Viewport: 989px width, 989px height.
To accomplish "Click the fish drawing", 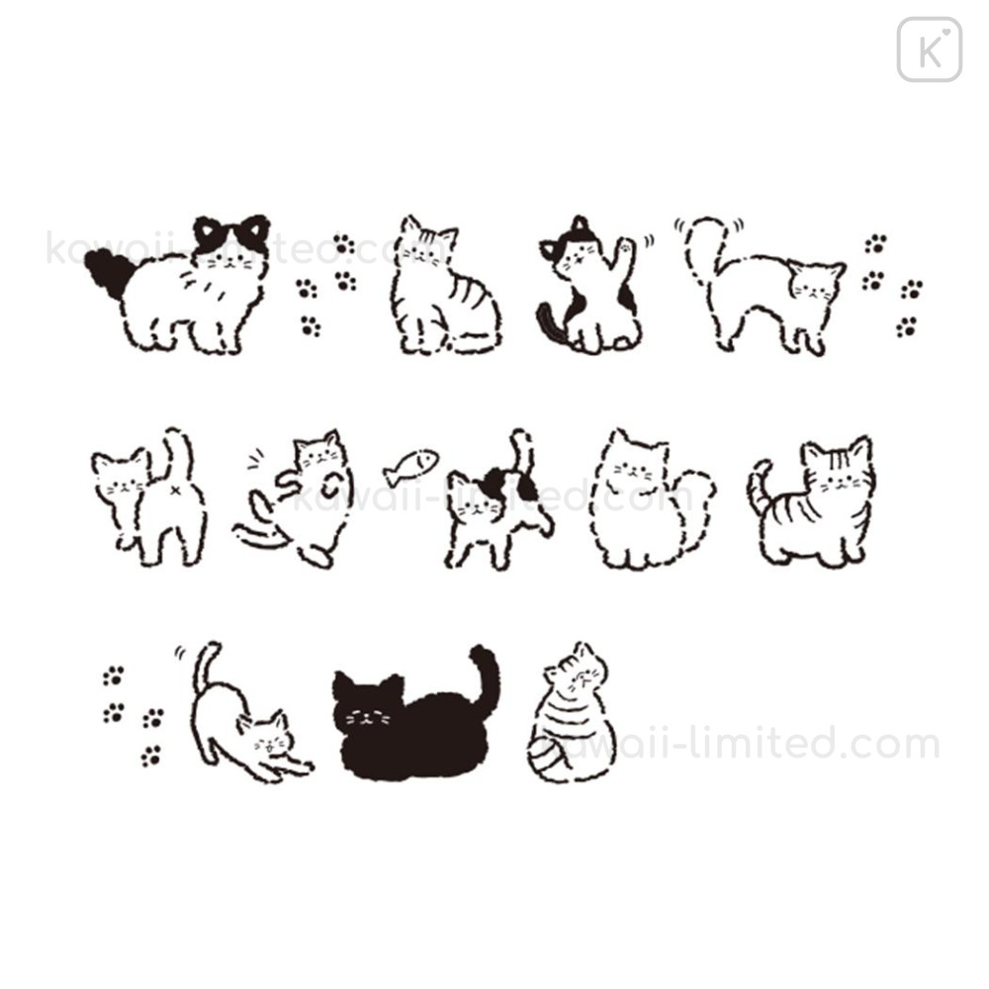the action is pyautogui.click(x=411, y=466).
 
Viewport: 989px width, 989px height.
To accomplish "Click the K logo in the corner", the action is pyautogui.click(x=929, y=49).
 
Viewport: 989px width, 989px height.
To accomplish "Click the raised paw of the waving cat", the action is pyautogui.click(x=625, y=247).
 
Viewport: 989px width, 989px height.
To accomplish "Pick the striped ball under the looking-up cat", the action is pyautogui.click(x=549, y=755).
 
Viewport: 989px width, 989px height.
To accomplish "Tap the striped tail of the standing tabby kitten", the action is pyautogui.click(x=759, y=486).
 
